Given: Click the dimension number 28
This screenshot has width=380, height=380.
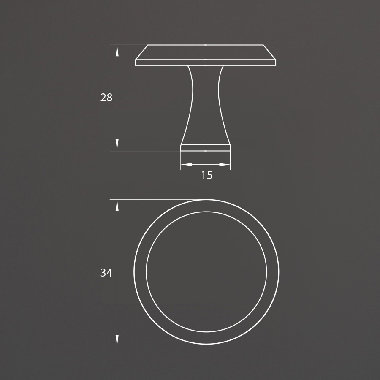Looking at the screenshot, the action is click(x=106, y=98).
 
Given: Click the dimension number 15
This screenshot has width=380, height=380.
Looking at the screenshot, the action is click(x=207, y=175).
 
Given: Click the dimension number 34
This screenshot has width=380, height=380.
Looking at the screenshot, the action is click(x=106, y=273).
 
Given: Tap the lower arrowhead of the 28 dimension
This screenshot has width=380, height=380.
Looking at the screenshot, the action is click(x=117, y=145).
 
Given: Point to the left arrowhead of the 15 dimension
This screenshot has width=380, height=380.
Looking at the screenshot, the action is click(x=186, y=165).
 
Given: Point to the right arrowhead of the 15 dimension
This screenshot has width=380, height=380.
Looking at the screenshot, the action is click(x=225, y=165).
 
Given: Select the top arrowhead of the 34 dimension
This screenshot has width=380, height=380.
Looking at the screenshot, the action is click(x=117, y=205).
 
